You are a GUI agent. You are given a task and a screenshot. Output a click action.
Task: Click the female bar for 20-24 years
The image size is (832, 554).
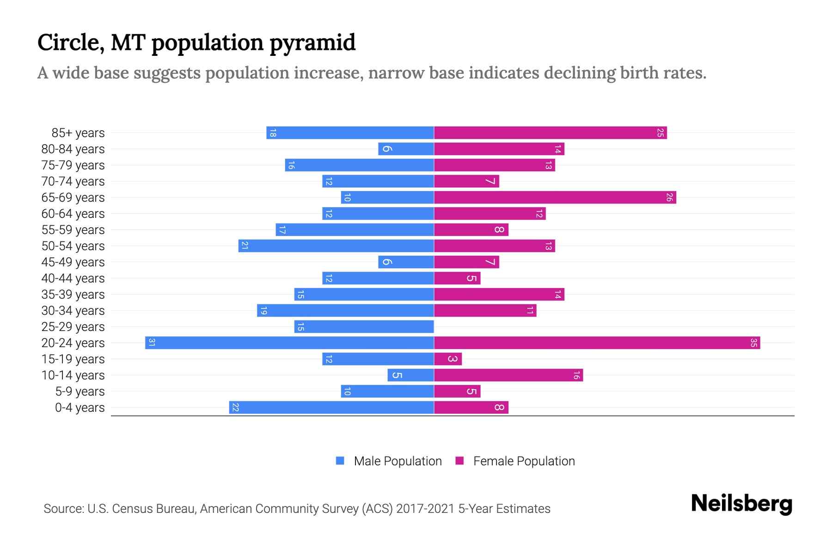596,343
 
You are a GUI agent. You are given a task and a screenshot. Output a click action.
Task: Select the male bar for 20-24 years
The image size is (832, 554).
289,343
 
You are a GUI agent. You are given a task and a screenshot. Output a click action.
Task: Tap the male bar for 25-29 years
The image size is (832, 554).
364,326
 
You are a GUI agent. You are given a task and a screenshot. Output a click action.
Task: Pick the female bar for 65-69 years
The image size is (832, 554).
555,197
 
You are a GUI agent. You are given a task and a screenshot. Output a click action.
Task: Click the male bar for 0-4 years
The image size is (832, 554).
331,407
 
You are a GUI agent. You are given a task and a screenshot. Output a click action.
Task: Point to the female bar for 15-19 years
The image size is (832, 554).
447,359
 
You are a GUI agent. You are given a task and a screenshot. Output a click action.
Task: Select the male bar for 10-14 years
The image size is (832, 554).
410,375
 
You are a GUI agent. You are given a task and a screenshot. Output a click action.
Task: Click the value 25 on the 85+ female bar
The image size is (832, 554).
661,133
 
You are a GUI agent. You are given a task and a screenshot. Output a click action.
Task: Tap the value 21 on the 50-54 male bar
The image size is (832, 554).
245,246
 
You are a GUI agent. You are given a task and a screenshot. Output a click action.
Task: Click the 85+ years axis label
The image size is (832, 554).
78,133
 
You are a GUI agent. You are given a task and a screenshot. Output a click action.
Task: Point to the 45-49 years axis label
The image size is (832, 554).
73,262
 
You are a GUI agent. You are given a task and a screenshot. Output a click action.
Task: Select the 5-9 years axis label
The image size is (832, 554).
80,391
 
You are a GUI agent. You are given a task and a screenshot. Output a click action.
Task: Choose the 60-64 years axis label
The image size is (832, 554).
73,213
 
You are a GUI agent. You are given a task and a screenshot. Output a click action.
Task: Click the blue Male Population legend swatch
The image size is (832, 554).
340,461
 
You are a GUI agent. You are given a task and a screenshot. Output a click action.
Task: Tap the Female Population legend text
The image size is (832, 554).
524,461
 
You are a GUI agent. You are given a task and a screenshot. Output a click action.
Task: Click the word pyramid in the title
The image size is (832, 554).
312,42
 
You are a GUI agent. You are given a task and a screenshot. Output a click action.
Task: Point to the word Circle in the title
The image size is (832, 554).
71,42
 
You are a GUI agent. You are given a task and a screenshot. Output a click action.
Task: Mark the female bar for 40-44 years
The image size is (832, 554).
457,278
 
